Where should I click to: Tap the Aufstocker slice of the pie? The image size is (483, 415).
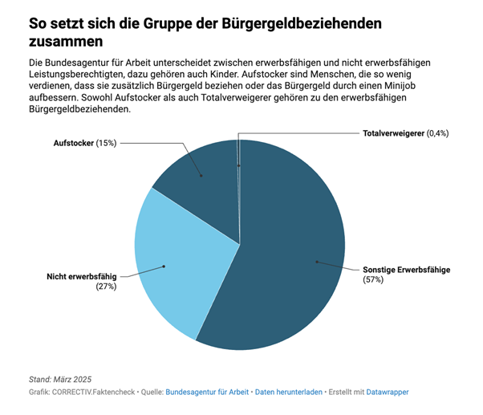[201, 173]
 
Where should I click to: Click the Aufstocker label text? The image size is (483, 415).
[73, 143]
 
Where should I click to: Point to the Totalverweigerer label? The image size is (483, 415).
[393, 132]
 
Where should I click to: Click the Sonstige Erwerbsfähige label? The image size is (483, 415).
[406, 270]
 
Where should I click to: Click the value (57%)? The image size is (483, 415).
[374, 281]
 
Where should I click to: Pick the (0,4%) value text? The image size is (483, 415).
[437, 132]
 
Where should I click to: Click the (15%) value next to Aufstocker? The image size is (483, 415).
[106, 143]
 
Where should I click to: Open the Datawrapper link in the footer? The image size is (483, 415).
[388, 392]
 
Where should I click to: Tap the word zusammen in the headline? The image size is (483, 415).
[66, 40]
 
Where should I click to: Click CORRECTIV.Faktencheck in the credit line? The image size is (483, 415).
[95, 392]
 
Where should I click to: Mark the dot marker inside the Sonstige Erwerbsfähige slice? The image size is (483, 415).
[317, 262]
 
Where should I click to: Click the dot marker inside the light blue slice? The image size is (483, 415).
[164, 266]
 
